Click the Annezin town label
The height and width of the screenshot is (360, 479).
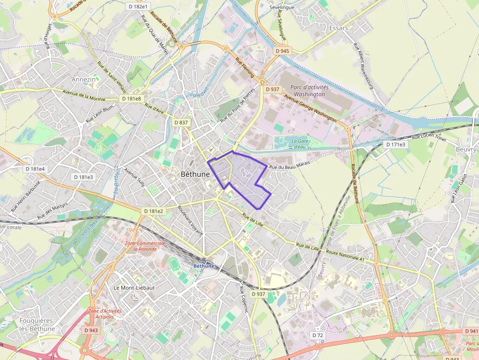coord(84,79)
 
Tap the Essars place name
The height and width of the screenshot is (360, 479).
coord(339,28)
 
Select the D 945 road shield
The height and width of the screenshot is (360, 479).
coord(282,51)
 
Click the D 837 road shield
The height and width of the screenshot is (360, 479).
coord(181,122)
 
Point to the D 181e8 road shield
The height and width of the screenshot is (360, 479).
coord(131,99)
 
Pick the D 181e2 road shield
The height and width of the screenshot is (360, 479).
coord(153,211)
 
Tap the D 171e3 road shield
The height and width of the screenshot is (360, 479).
coord(395,145)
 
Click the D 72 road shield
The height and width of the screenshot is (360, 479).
coord(317,336)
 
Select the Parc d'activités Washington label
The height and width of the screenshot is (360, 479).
coord(307,90)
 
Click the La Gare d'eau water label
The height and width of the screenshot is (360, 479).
coord(300,144)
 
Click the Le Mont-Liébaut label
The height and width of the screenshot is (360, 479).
coord(134,288)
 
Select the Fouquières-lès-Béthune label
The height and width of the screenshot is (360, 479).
coord(37,324)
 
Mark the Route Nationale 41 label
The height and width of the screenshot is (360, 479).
coord(345,254)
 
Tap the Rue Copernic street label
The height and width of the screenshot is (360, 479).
coord(244,299)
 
